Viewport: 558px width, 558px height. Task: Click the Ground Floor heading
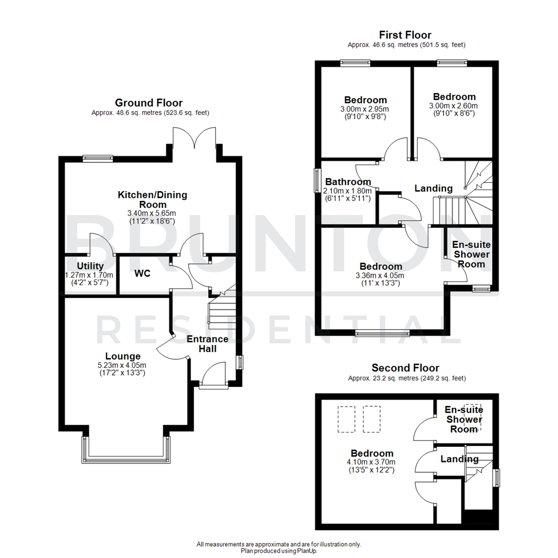[x=148, y=103]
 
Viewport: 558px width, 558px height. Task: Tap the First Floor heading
[x=405, y=35]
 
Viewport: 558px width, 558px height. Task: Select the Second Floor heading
[x=405, y=368]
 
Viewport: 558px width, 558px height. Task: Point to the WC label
[x=142, y=273]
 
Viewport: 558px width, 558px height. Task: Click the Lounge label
[x=123, y=356]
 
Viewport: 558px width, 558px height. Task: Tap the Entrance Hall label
[x=207, y=344]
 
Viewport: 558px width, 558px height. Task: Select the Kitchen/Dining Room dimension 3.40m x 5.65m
[x=152, y=213]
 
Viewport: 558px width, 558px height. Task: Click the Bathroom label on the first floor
[x=348, y=182]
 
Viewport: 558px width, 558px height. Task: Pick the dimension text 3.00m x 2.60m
[x=454, y=106]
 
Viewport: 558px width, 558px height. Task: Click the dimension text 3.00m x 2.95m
[x=366, y=109]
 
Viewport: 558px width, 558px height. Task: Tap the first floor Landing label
[x=433, y=189]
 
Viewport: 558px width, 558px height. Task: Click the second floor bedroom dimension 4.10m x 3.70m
[x=372, y=462]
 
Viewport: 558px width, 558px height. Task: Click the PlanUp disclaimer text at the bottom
[x=279, y=548]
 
